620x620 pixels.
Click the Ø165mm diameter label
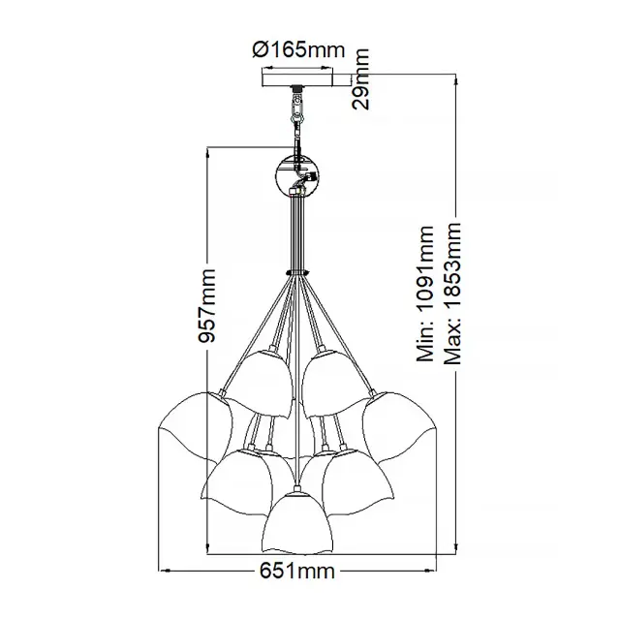click(298, 49)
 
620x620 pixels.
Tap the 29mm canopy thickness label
click(360, 79)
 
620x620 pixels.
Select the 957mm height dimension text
click(207, 306)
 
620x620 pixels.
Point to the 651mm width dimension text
click(297, 571)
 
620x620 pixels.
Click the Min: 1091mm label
click(425, 294)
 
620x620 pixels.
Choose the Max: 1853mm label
click(452, 294)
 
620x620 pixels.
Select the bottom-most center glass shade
click(297, 522)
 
